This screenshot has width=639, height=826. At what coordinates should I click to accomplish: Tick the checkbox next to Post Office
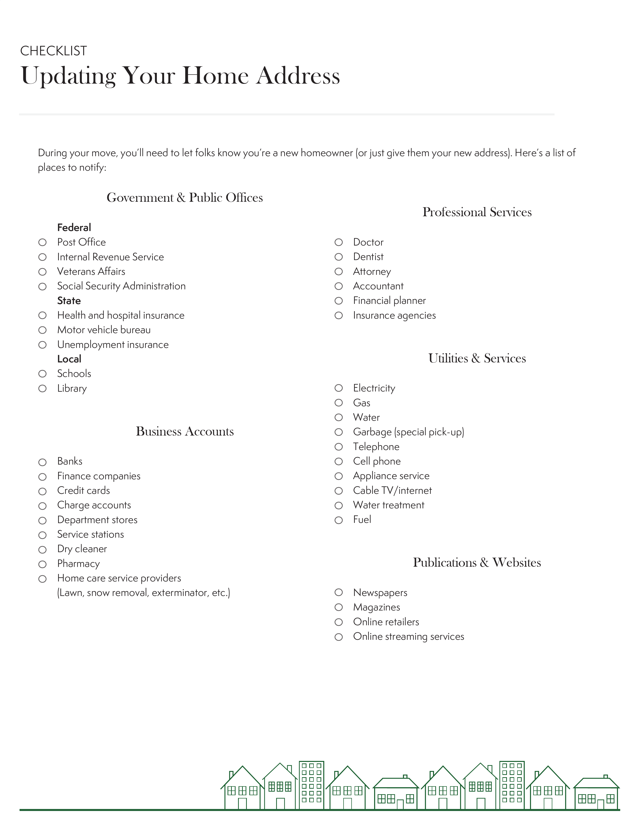(42, 243)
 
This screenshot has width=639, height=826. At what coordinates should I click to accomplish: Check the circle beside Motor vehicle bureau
(42, 330)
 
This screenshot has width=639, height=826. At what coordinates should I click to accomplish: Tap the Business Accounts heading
(185, 432)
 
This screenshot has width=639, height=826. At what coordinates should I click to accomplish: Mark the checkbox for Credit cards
(42, 491)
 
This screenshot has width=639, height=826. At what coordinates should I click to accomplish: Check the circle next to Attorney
(339, 272)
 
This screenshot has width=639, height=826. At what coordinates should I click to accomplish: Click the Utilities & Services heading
(477, 358)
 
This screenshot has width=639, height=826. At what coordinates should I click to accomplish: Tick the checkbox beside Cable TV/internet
(339, 491)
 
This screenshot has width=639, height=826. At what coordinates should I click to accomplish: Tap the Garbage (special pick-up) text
(408, 432)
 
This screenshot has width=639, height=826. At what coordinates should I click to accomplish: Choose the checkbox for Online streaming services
(339, 637)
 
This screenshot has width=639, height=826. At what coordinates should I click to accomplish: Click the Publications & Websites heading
(477, 563)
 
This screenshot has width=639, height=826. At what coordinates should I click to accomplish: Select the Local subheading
(69, 359)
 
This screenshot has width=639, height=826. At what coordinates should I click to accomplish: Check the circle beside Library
(42, 389)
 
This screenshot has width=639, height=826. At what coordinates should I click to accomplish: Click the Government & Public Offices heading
(185, 198)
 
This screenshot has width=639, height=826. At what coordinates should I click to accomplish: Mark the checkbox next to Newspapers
(339, 593)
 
